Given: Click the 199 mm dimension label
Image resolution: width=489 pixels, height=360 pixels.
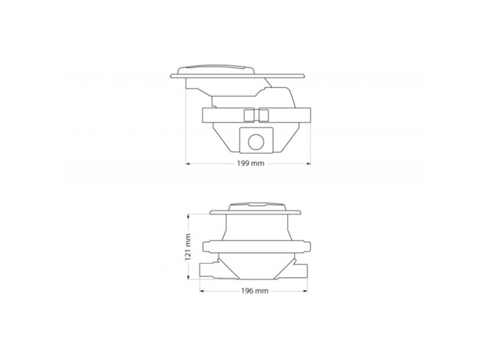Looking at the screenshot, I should [x=248, y=164].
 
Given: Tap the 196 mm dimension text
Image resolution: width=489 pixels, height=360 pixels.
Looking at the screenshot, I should [x=255, y=291].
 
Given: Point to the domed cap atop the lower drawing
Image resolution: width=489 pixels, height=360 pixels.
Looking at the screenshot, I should [x=254, y=207].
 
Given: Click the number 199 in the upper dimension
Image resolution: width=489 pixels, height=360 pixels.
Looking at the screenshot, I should [x=242, y=164].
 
